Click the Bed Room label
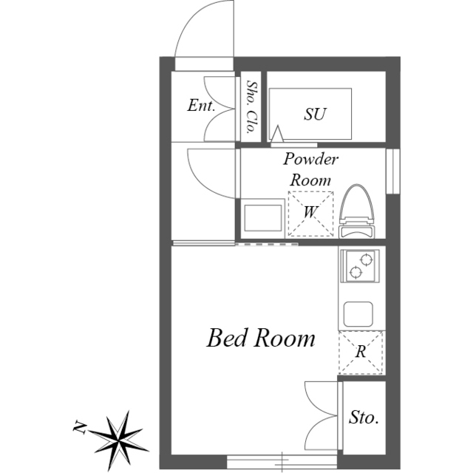coord(261,338)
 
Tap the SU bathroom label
coord(315,114)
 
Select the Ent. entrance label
coord(201,105)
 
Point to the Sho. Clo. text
coord(252,107)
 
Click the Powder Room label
coord(310,169)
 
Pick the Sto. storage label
coord(364,418)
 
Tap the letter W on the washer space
coord(310,212)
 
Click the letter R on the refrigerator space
coord(361,352)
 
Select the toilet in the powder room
coord(357,211)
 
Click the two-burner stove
coord(360,266)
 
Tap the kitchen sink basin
coord(358,313)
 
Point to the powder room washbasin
coord(263,218)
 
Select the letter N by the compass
coord(80,426)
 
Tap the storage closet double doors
coord(321,415)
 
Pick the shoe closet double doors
coord(220,109)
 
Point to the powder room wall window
coord(393,171)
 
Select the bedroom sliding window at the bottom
coord(282,461)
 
